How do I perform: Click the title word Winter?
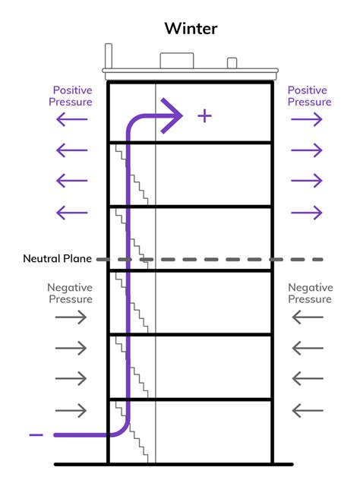coord(191,29)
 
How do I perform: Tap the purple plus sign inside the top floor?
coord(204,116)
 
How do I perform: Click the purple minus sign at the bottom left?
coord(36,434)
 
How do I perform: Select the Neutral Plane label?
coord(57,259)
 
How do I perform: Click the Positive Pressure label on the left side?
coord(71,96)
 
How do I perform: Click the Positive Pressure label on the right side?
coord(309,96)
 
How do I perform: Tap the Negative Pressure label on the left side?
coord(70,293)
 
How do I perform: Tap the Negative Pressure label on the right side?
coord(310,293)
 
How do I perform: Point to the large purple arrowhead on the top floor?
coord(172,115)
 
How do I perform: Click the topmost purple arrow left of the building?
coord(71,119)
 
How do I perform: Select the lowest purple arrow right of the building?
coord(307,213)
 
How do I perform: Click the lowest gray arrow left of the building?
coord(71,410)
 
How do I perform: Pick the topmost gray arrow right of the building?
coord(308,317)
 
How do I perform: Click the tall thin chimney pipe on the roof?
coord(109,56)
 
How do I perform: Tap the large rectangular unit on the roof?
coord(177,61)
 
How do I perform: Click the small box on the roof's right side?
coord(232,63)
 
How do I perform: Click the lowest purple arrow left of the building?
coord(71,213)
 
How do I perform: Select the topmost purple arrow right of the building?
coord(307,119)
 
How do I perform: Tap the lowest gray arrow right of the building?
coord(308,410)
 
